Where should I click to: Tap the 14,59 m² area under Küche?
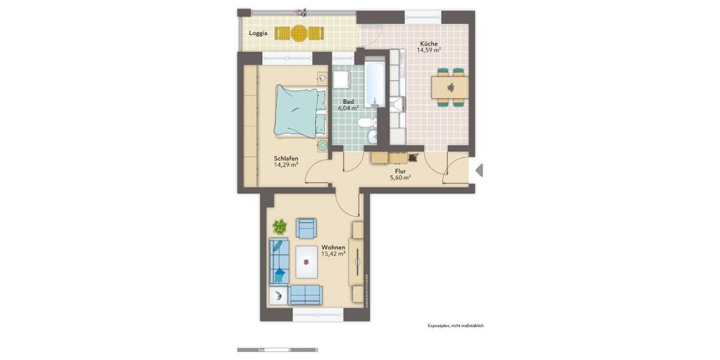click(428, 50)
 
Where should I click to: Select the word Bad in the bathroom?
click(348, 101)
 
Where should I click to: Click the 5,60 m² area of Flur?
click(400, 178)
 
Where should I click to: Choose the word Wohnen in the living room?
click(333, 247)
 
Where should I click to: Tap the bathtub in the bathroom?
click(376, 83)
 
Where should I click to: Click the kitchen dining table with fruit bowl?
click(450, 88)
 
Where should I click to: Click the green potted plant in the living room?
click(280, 226)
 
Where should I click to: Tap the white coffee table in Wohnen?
click(310, 262)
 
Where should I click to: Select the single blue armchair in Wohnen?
click(307, 227)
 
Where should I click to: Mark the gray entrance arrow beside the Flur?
click(479, 170)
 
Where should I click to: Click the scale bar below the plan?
click(277, 349)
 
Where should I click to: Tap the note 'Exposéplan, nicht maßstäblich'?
click(455, 326)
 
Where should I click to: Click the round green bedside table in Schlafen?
click(322, 144)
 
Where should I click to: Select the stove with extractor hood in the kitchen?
click(397, 106)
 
